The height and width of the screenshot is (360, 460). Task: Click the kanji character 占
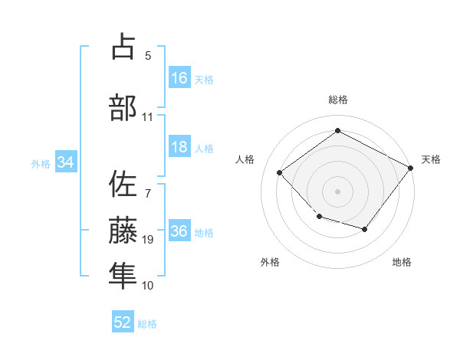123,47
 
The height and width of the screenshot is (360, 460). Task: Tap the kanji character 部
123,108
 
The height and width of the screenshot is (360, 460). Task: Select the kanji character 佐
123,185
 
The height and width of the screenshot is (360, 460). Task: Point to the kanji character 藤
123,230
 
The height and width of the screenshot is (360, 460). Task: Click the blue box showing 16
179,78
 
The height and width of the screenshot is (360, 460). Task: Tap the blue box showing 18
179,147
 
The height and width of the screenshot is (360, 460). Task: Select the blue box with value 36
179,232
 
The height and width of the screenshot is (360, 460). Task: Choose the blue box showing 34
65,162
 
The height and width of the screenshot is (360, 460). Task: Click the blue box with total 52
123,322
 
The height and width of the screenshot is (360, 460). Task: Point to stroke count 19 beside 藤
148,240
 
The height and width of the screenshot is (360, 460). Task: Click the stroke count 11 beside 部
148,117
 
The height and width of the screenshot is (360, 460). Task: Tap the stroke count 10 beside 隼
148,286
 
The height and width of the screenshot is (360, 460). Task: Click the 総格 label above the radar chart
337,100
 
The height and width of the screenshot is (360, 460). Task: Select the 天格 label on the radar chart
431,159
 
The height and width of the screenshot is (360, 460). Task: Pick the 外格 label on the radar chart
270,262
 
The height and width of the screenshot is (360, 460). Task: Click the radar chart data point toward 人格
280,173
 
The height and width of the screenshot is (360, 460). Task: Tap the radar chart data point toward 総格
337,130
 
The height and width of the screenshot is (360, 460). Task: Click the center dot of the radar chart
337,191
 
